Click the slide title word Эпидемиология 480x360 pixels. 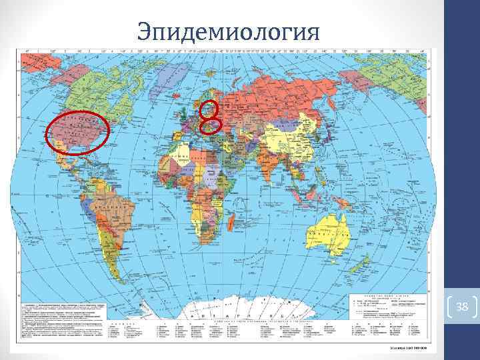228,29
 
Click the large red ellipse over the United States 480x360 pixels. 78,132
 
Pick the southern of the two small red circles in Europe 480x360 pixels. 211,123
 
